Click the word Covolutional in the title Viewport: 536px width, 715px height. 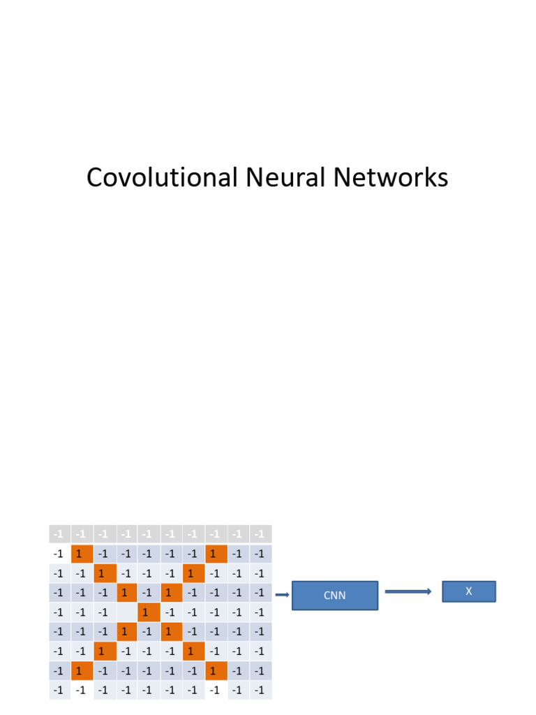[x=163, y=178]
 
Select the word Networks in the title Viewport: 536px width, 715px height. [x=391, y=178]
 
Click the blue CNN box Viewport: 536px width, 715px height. [x=335, y=596]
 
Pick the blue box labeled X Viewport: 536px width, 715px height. [x=469, y=591]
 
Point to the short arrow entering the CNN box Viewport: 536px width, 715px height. [x=282, y=595]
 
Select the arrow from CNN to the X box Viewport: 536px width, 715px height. [x=408, y=591]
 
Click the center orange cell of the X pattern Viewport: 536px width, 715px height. [x=148, y=613]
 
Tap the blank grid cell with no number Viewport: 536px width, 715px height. [x=126, y=613]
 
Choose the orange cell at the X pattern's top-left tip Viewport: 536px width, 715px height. [x=82, y=554]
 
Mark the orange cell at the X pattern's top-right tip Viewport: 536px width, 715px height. [x=216, y=554]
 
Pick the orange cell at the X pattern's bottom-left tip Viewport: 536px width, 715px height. [x=82, y=672]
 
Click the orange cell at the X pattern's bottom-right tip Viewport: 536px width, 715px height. [x=216, y=672]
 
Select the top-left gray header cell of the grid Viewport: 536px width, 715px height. [x=59, y=534]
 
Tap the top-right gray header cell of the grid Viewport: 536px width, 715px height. [x=260, y=534]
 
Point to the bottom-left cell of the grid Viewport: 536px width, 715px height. [x=59, y=691]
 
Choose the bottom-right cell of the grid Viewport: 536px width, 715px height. [x=260, y=691]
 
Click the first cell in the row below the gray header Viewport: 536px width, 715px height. [x=59, y=554]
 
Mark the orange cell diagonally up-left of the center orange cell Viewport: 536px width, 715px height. [x=126, y=594]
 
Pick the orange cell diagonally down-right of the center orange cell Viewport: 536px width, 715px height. [x=171, y=633]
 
